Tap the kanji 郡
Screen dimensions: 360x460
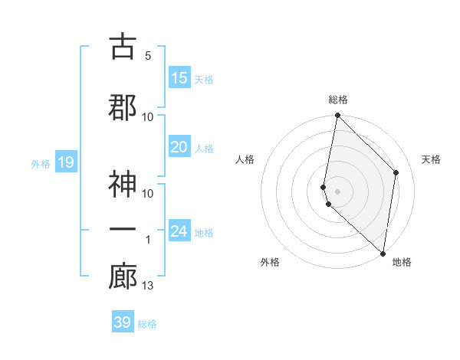click(122, 107)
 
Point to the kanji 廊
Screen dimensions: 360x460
click(122, 277)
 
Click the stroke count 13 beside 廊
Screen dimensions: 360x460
click(148, 286)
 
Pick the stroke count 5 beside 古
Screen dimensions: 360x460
click(148, 55)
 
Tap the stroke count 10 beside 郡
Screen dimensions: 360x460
click(148, 116)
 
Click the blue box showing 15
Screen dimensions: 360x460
click(179, 78)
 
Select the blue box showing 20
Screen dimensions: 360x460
click(179, 147)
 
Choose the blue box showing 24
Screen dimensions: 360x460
click(179, 231)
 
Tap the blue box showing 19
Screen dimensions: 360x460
click(65, 162)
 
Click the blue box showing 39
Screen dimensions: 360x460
click(123, 322)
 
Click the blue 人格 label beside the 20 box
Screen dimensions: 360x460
click(204, 149)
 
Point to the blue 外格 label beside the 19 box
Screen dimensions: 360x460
click(41, 163)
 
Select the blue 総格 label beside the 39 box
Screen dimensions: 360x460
click(147, 324)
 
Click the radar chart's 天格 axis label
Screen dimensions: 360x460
click(431, 159)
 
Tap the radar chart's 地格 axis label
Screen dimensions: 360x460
click(402, 263)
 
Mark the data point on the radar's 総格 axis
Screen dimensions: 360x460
click(337, 116)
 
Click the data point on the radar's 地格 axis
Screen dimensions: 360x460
click(383, 254)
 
